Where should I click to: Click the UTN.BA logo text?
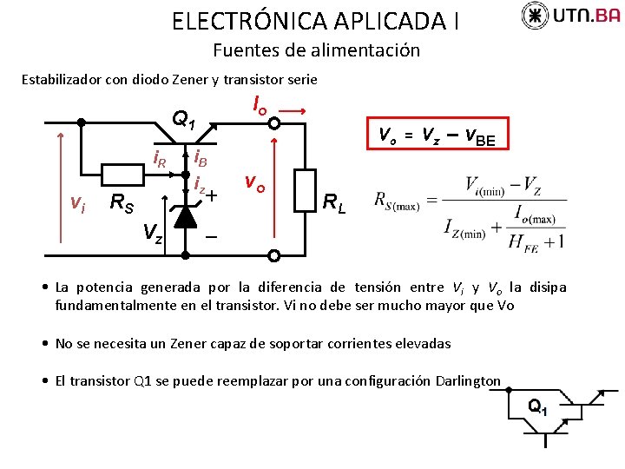tap(586, 16)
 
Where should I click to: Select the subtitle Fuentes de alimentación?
tap(316, 50)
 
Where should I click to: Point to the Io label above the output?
tap(260, 105)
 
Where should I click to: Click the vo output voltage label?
tap(254, 183)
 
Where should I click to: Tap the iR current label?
tap(160, 159)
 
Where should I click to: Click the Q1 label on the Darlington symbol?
tap(538, 406)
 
